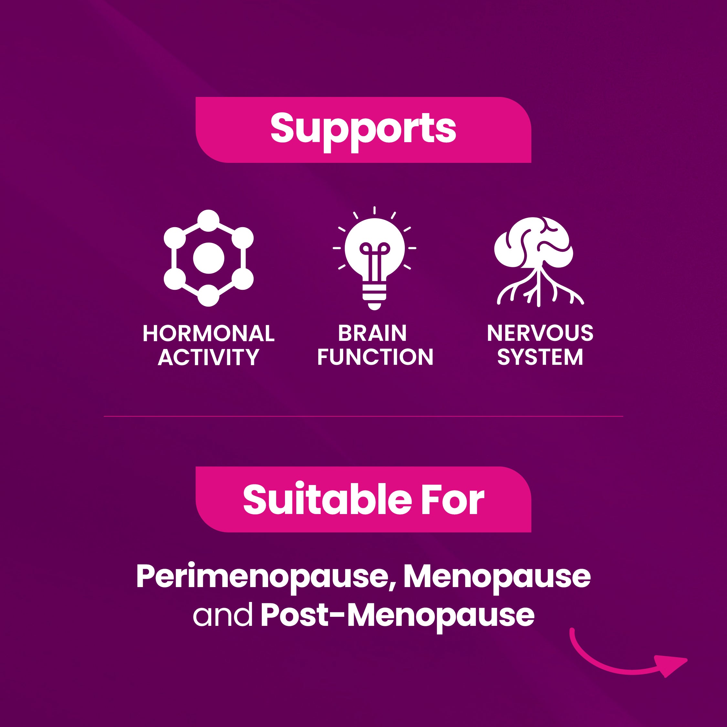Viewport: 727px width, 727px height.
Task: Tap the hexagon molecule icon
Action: (x=208, y=258)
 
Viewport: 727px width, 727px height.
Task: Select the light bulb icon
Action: (x=374, y=258)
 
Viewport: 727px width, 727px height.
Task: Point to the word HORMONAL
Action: (x=208, y=333)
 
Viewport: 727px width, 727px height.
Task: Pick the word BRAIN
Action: (x=372, y=333)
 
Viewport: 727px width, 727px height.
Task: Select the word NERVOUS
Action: (x=540, y=333)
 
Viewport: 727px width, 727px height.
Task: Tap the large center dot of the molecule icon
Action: (x=208, y=258)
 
